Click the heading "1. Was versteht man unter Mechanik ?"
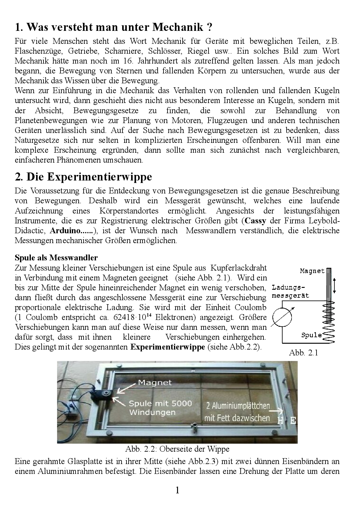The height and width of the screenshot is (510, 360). tap(114, 27)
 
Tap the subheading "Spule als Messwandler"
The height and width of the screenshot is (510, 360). tap(56, 258)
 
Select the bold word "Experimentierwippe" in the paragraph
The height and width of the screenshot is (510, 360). tap(168, 347)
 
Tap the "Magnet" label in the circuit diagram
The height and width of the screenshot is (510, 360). tap(312, 271)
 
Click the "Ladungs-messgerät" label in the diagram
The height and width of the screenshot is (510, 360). tap(290, 292)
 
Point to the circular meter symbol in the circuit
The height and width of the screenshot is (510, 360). tap(282, 317)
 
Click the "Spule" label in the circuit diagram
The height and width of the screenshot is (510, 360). tap(311, 335)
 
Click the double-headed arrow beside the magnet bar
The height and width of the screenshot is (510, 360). tap(336, 285)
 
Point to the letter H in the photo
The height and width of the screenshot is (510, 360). tap(280, 420)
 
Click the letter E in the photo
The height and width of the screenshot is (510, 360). tap(293, 420)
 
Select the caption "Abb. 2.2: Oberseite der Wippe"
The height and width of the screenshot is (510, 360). tap(177, 449)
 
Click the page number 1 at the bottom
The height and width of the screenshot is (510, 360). tap(177, 490)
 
